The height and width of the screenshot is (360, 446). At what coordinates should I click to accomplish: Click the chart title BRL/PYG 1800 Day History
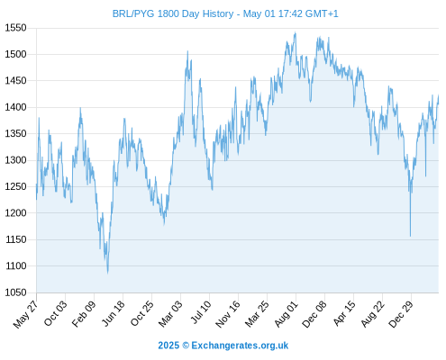click(173, 13)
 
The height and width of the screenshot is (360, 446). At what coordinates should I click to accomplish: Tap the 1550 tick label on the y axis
click(15, 28)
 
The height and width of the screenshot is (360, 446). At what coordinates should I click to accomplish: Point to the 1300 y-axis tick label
click(15, 160)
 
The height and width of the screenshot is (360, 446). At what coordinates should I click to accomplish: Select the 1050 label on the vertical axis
click(15, 292)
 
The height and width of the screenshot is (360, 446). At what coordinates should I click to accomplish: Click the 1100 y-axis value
click(15, 266)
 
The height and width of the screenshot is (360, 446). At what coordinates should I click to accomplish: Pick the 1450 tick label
click(15, 81)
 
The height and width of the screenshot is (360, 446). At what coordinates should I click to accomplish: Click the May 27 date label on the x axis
click(26, 314)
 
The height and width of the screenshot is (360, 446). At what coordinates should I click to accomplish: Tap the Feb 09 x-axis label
click(84, 313)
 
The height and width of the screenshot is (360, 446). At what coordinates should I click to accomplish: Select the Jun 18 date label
click(113, 313)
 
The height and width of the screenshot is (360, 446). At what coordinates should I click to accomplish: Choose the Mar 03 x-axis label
click(170, 314)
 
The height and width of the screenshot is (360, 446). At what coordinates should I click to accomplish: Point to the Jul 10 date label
click(201, 312)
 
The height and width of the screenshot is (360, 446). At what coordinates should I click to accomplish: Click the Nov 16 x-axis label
click(228, 314)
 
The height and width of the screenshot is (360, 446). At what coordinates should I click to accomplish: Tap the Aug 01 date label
click(286, 314)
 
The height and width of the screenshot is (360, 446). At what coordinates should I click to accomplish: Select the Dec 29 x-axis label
click(401, 314)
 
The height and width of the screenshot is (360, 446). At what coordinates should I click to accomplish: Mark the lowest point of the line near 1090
click(108, 273)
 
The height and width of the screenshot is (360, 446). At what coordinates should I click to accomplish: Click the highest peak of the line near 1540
click(296, 32)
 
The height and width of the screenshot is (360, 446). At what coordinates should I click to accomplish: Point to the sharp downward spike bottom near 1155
click(410, 236)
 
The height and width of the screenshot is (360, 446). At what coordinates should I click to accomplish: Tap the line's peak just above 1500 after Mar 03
click(187, 51)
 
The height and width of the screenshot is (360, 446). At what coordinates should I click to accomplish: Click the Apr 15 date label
click(344, 313)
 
